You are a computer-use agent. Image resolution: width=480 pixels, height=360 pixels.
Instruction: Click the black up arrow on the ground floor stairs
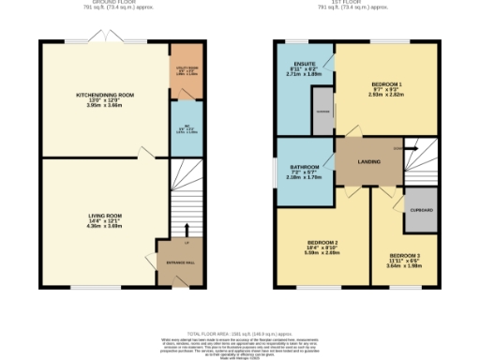pyautogui.click(x=187, y=230)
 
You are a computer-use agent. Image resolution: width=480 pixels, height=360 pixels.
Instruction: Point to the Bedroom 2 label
pyautogui.click(x=322, y=242)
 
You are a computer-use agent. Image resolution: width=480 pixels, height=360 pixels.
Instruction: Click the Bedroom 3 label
pyautogui.click(x=406, y=255)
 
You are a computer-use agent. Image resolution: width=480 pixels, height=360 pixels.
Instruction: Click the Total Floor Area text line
pyautogui.click(x=240, y=335)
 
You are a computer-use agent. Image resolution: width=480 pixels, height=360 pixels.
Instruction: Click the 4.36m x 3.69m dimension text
pyautogui.click(x=99, y=226)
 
